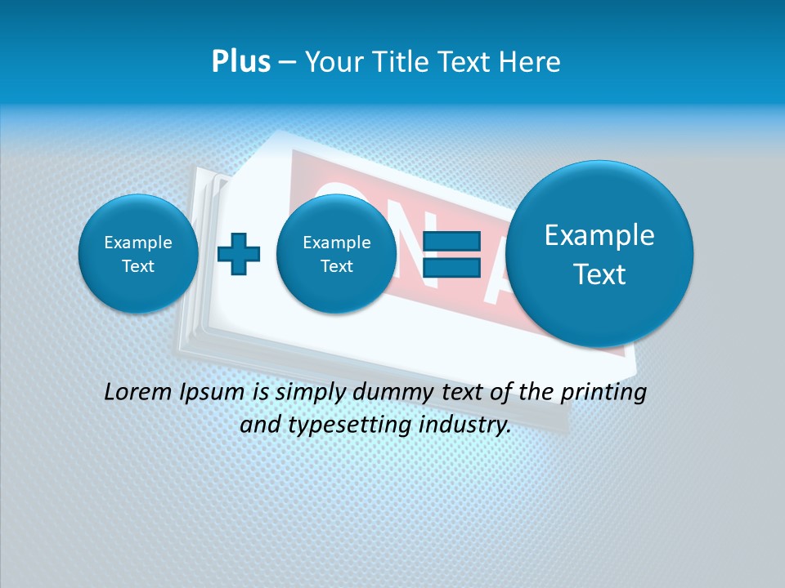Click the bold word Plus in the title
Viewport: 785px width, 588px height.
240,62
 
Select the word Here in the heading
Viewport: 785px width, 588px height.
532,62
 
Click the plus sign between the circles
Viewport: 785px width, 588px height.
239,254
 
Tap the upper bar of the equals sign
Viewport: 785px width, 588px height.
451,241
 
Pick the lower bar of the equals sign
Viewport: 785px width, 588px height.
451,267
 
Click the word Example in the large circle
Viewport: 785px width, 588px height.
599,235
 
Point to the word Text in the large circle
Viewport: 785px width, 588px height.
599,274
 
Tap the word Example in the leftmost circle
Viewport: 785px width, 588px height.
138,243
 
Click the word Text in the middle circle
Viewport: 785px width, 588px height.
336,266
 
